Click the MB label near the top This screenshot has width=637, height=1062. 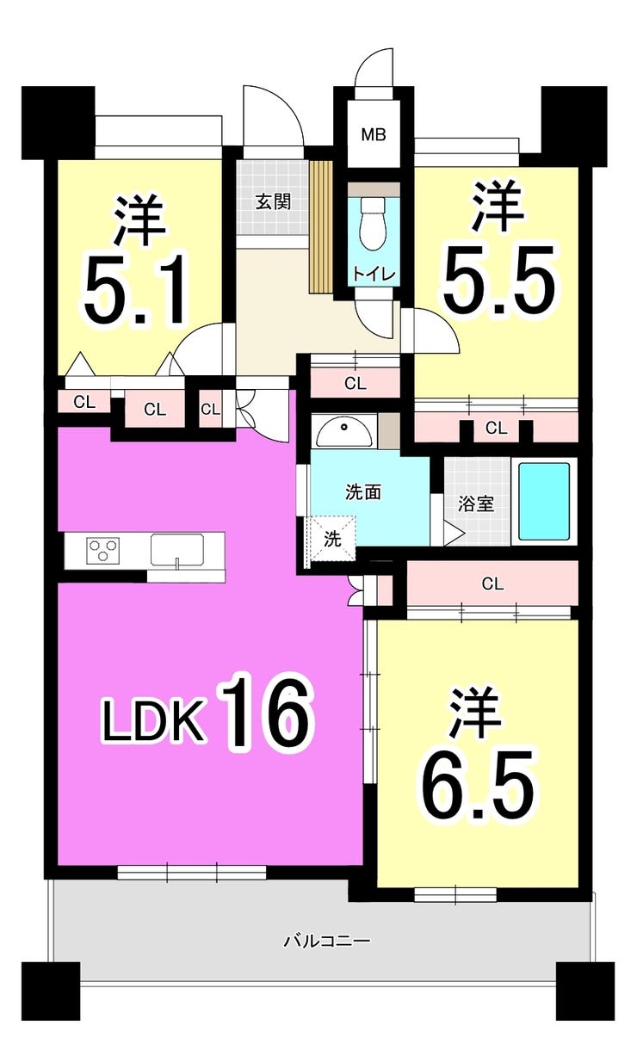coord(374,134)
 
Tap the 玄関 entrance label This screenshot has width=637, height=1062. coord(273,202)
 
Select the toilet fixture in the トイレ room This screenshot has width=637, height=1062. coord(374,222)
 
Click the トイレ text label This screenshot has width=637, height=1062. coord(374,274)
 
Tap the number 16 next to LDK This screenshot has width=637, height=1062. coord(267,714)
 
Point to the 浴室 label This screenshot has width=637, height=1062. coord(476,503)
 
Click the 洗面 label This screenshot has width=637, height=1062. coord(363,492)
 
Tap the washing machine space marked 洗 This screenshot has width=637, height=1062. coord(332,539)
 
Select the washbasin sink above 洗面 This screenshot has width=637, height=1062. coord(343,431)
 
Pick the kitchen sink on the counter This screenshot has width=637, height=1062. coord(177,549)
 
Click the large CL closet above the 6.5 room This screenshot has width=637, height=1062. coord(492,583)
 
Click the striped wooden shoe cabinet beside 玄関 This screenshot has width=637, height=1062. coord(320,226)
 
